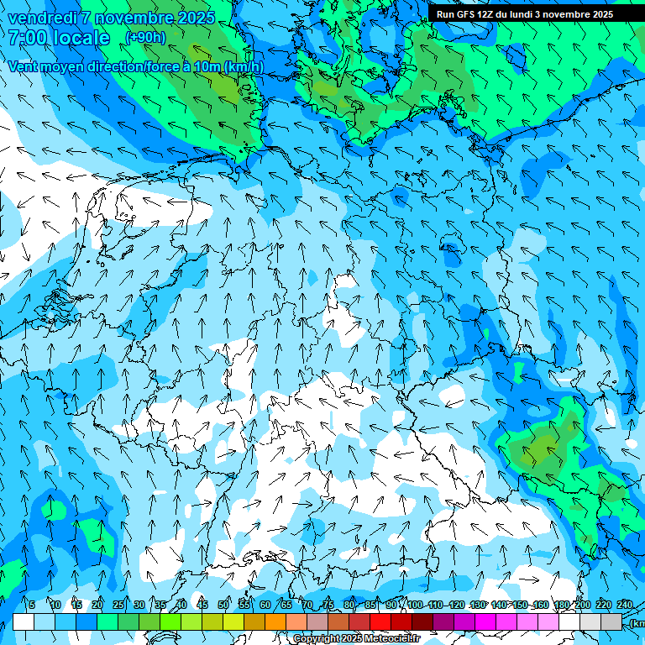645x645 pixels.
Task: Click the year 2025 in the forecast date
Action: (191, 18)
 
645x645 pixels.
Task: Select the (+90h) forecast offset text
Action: (145, 38)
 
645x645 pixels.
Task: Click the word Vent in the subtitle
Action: (24, 67)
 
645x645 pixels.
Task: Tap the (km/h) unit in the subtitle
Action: (244, 67)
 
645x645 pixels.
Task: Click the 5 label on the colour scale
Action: (32, 605)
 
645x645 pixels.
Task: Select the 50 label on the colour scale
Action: (223, 605)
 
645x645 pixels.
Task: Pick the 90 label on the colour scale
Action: (391, 605)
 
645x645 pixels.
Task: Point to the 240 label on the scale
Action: (625, 605)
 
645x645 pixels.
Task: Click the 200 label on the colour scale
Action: (582, 605)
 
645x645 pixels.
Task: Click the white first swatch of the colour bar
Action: (24, 621)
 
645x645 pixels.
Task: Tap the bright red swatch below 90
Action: (380, 621)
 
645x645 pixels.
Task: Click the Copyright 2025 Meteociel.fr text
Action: (356, 639)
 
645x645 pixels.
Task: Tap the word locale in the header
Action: (79, 38)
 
